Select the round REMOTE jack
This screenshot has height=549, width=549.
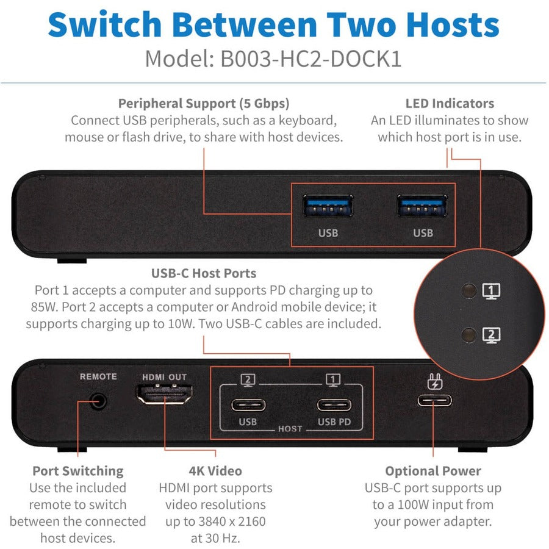(x=98, y=401)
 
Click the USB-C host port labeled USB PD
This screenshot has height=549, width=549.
(x=334, y=404)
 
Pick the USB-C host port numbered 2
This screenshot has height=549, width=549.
(x=248, y=404)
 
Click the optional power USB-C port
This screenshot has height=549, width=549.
(x=434, y=400)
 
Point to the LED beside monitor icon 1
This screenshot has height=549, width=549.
(x=469, y=290)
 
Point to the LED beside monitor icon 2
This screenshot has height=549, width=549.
(x=469, y=334)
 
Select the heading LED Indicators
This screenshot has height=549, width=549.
(x=450, y=103)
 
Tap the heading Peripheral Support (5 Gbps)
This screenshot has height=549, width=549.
(x=204, y=103)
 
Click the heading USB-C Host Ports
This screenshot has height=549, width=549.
(x=204, y=273)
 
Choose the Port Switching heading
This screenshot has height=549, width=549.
(x=77, y=471)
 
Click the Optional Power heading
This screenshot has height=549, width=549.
(x=433, y=471)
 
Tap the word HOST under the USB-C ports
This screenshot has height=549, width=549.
(x=290, y=429)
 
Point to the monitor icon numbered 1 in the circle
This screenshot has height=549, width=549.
(x=492, y=291)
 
